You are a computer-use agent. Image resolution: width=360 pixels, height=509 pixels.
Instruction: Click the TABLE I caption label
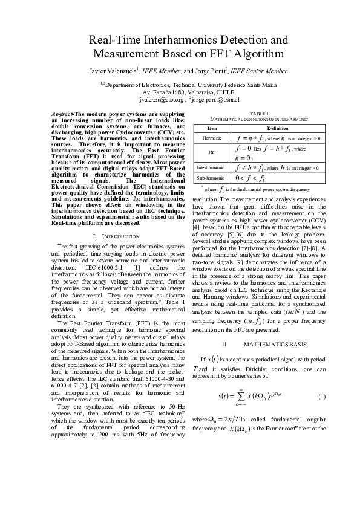point(259,113)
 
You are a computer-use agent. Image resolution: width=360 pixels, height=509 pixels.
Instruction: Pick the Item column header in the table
point(212,128)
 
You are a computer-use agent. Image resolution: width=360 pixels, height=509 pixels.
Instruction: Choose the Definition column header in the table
point(278,128)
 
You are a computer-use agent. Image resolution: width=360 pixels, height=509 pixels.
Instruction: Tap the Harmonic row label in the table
point(212,138)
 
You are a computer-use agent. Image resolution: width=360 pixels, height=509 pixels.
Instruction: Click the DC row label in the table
point(212,152)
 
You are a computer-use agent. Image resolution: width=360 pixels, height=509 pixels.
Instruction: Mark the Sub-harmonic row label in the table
point(212,178)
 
